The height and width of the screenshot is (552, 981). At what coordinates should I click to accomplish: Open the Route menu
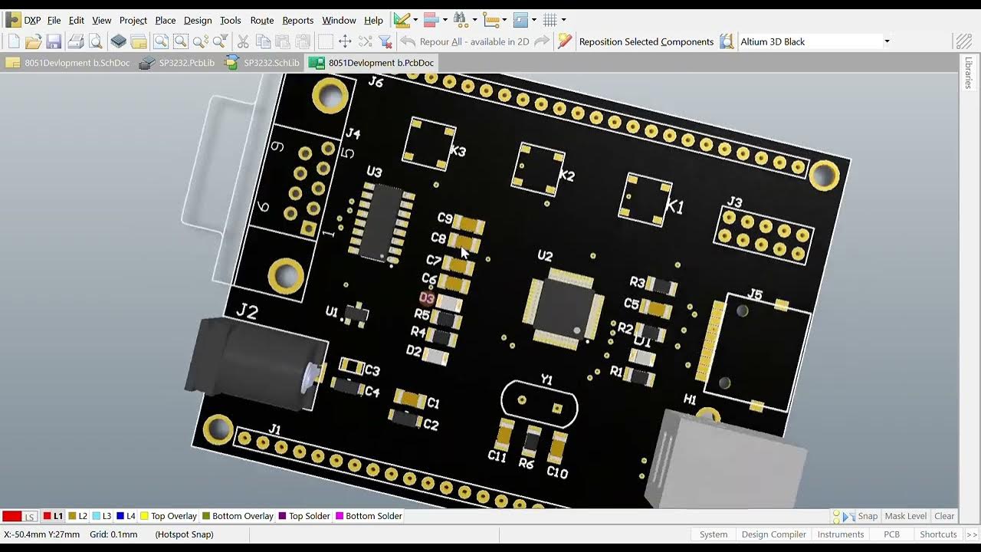click(x=261, y=21)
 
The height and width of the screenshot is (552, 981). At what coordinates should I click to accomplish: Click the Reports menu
click(x=297, y=21)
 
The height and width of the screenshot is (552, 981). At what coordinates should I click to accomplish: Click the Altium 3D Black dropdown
click(x=815, y=41)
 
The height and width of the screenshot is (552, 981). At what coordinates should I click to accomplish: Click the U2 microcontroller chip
click(x=562, y=304)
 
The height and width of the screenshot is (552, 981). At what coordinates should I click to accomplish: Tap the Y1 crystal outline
click(x=539, y=403)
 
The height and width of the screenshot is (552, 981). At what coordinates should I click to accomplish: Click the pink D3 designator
click(x=427, y=298)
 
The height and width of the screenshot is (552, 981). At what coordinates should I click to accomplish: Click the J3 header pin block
click(x=764, y=236)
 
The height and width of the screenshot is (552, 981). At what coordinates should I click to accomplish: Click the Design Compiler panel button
click(x=773, y=534)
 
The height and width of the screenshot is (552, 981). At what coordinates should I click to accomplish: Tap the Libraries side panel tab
click(x=969, y=73)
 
